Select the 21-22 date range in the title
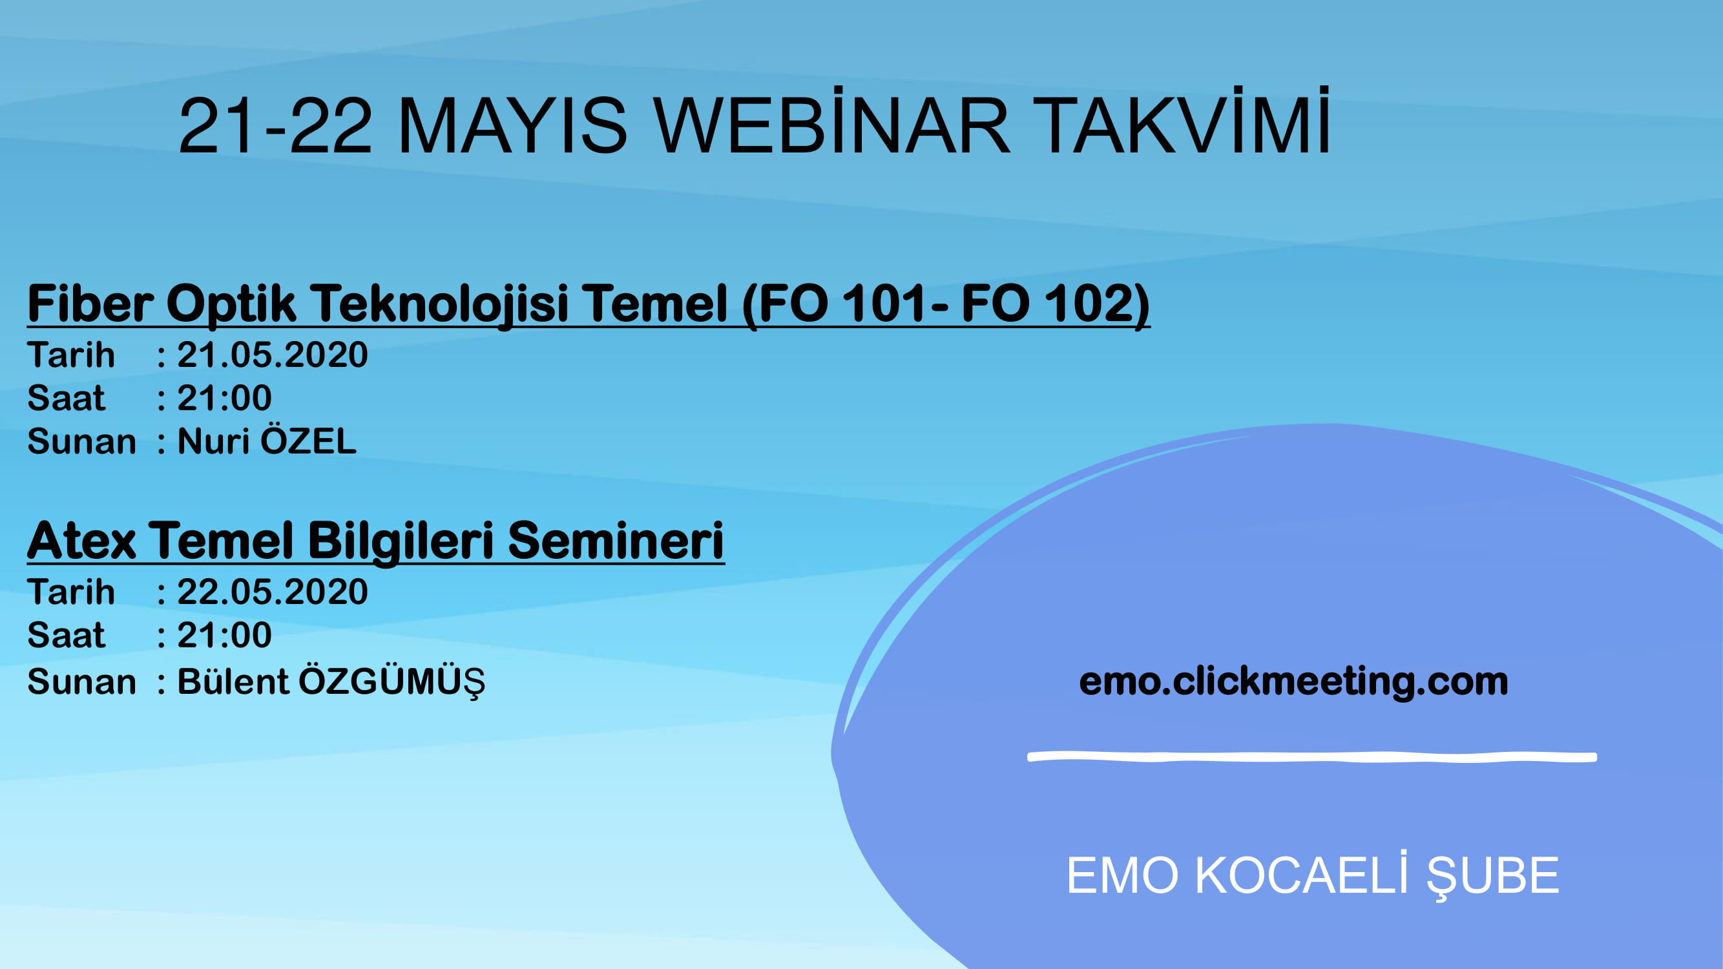275,126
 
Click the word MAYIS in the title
512,126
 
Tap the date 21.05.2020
272,355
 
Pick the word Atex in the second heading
81,540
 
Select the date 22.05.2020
272,592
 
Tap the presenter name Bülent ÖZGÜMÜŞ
331,682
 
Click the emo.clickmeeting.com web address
1293,682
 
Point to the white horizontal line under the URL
1311,757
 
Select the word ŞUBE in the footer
1493,876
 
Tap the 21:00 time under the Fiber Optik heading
224,398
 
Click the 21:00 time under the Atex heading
224,635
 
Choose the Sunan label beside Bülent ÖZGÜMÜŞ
81,682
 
